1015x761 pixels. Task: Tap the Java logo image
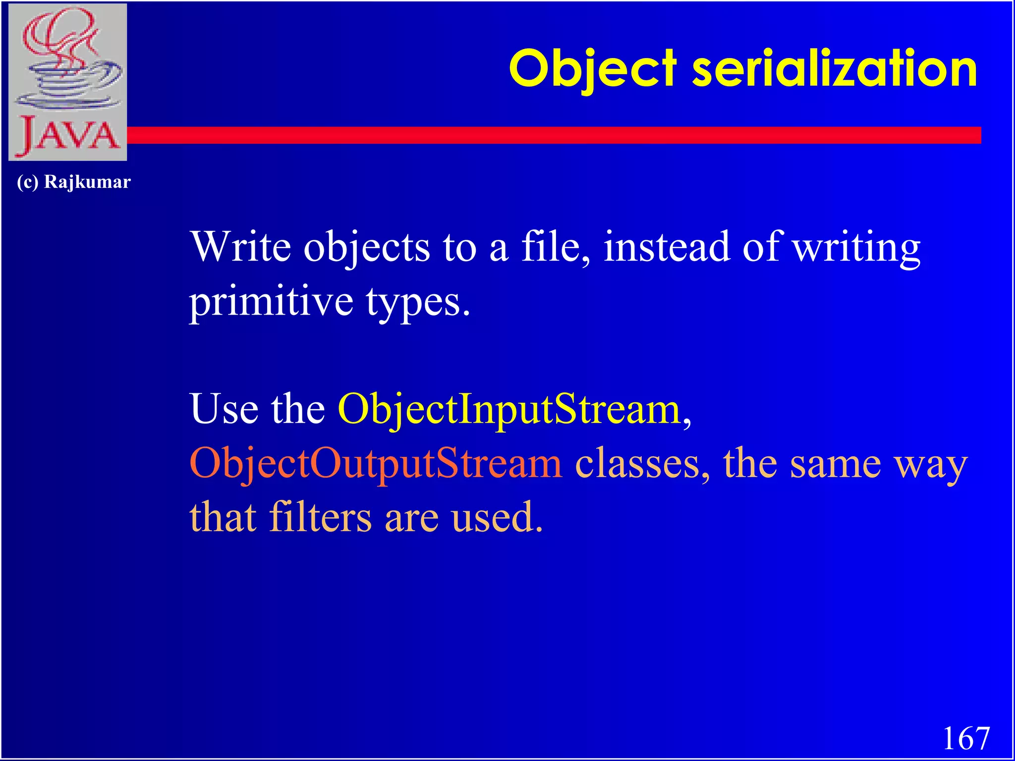tap(68, 82)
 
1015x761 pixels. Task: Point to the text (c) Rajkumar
tap(74, 182)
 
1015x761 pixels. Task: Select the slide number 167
tap(966, 738)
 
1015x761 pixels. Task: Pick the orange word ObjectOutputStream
tap(376, 464)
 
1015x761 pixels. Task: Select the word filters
tap(320, 517)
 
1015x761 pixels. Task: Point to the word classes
tap(642, 464)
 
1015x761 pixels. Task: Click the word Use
tap(224, 409)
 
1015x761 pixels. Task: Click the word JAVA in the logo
tap(68, 135)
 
